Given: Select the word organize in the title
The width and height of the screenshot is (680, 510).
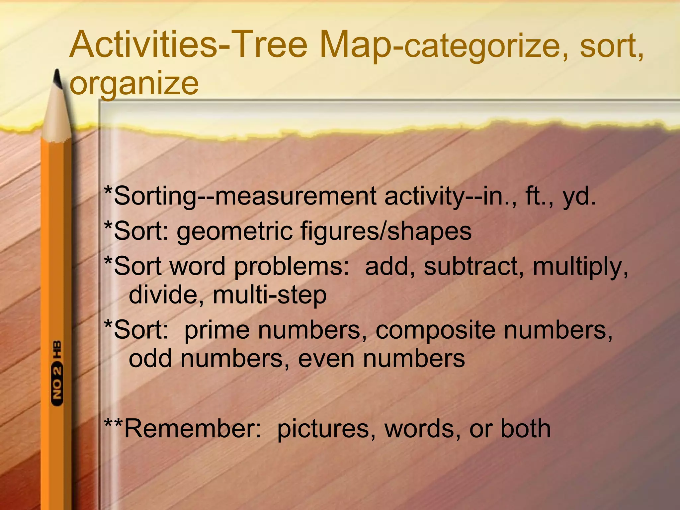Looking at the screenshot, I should point(134,84).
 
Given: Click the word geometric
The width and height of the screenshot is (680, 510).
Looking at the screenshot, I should point(234,231).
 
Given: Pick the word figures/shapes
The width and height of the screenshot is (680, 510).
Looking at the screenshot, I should point(385,231).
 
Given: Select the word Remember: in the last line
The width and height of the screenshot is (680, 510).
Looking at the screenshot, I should point(193,429).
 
